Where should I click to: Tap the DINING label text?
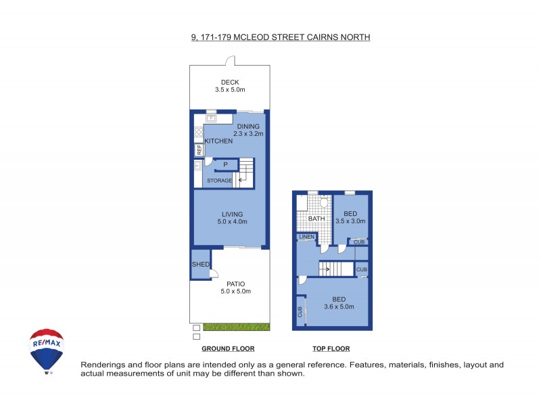248,126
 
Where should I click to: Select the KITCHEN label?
218,141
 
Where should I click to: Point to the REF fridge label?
199,150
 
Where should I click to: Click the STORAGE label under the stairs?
219,181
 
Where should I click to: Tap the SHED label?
200,265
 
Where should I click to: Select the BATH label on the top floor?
316,219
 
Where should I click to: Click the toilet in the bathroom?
323,202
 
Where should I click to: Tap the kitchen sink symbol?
211,118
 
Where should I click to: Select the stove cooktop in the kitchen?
199,132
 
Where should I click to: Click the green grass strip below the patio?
236,327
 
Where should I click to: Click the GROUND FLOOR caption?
228,349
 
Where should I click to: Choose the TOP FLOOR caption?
331,349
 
